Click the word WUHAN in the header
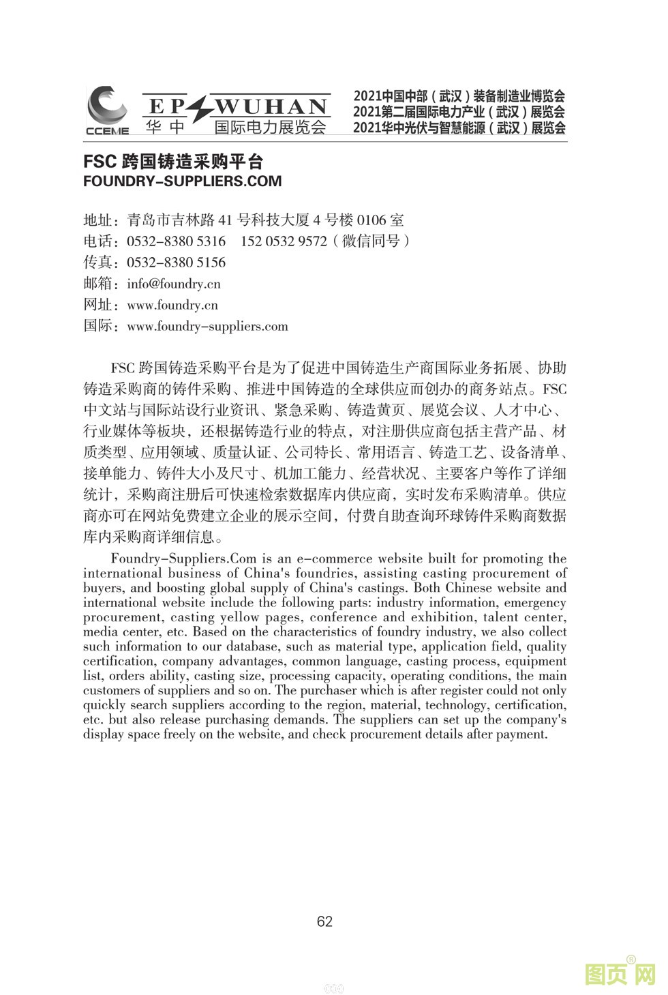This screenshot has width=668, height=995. click(272, 107)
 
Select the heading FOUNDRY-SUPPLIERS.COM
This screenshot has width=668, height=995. click(182, 181)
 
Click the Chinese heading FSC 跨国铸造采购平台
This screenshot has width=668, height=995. click(173, 162)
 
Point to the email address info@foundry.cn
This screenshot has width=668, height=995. click(174, 284)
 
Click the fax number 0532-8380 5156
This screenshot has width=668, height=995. click(176, 263)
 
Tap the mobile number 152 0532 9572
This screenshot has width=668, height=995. click(284, 241)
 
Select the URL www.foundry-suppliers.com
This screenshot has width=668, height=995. click(207, 326)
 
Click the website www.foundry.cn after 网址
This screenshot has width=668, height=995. click(172, 305)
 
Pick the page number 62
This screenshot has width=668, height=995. click(325, 921)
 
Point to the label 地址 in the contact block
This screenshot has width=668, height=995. click(97, 220)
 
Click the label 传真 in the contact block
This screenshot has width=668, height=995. click(97, 263)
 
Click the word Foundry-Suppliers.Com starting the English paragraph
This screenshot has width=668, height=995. click(183, 559)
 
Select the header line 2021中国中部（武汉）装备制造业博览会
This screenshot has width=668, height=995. click(459, 96)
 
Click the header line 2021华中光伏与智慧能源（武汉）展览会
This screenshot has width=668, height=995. click(459, 128)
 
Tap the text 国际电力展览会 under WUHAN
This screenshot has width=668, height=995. click(271, 127)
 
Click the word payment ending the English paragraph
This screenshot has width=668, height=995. click(522, 734)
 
